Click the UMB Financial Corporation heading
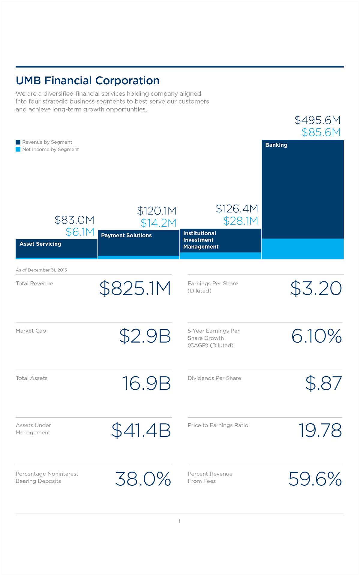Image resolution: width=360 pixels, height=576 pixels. tap(88, 81)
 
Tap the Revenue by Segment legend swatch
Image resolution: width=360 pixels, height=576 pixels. tap(18, 142)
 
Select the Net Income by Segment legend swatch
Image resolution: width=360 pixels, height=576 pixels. tap(18, 149)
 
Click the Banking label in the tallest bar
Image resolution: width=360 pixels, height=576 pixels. tap(276, 145)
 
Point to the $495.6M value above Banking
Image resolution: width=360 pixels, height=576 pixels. tap(317, 120)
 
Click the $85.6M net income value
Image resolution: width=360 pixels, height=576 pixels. tap(321, 132)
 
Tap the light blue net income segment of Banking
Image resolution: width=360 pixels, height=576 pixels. tap(302, 249)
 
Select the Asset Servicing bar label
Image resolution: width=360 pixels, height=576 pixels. tap(40, 244)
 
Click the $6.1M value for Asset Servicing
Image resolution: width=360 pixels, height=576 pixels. tap(80, 232)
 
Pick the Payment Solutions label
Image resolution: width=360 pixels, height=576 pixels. tap(126, 235)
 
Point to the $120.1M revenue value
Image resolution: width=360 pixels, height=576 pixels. tap(157, 211)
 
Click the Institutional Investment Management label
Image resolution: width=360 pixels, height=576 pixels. tap(201, 240)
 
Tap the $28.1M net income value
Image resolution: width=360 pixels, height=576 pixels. tap(241, 221)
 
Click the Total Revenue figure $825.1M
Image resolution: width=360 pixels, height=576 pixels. tap(135, 289)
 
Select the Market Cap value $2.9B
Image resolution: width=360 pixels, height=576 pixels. tap(145, 336)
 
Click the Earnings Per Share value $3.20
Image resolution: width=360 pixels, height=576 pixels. tap(316, 289)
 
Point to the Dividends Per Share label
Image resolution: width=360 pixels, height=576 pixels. tap(214, 378)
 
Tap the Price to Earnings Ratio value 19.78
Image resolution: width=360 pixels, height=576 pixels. tap(320, 431)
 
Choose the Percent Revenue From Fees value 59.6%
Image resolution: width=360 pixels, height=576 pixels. tap(315, 479)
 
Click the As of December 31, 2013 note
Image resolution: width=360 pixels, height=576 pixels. tap(41, 270)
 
